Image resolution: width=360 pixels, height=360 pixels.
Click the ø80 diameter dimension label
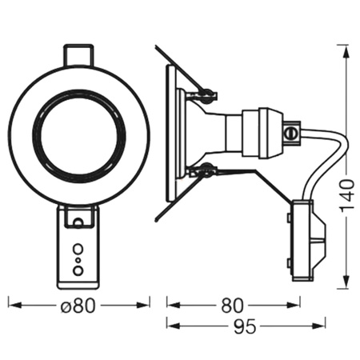78,305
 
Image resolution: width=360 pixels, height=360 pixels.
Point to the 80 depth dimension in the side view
233,305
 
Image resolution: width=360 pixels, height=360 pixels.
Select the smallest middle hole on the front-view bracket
78,259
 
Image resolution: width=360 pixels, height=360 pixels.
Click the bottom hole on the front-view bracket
78,270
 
